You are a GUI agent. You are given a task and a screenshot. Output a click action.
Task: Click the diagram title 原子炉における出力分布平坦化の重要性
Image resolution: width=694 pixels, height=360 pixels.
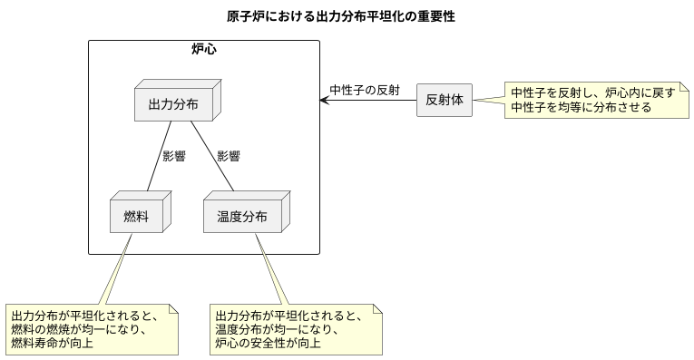point(340,16)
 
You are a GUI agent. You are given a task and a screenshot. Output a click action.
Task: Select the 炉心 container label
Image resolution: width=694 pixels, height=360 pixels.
point(203,49)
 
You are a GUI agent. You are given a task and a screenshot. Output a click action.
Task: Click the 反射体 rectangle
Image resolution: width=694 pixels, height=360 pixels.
point(444,100)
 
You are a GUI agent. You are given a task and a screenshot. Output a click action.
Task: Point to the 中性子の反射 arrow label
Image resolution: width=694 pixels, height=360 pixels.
point(364,89)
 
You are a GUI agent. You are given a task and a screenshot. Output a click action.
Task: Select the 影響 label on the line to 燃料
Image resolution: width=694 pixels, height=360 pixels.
point(173,156)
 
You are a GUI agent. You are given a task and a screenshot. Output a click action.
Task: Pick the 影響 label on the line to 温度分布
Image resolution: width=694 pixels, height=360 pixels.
point(228,156)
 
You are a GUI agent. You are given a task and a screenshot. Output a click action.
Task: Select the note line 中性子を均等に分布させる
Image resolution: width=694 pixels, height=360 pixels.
point(581,107)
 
